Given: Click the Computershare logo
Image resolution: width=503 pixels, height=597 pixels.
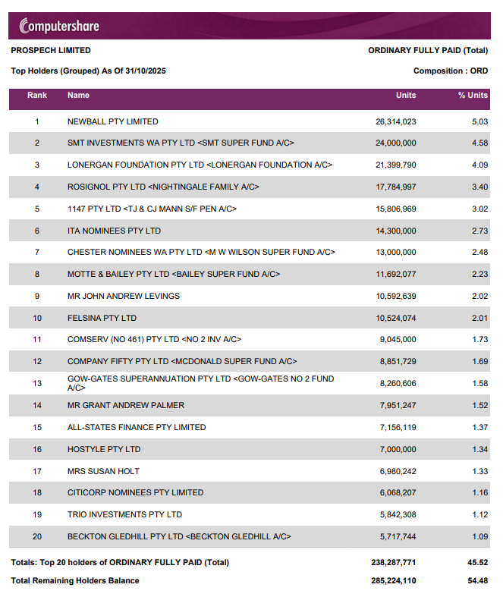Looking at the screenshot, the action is tap(59, 26).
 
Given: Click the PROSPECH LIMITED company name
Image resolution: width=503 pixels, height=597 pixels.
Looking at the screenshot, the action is tap(51, 50).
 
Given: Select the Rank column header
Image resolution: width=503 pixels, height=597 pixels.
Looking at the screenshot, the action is tap(37, 95).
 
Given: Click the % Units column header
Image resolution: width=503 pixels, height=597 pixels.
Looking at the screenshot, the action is tap(473, 95).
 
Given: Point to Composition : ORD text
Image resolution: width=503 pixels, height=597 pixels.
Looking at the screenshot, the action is tap(451, 71).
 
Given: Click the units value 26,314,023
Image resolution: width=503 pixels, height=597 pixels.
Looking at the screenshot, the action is tap(395, 122).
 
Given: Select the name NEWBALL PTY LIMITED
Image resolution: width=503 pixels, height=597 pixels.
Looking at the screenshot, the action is tap(113, 122).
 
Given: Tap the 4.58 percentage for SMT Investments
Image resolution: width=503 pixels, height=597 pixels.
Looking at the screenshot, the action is tap(479, 143).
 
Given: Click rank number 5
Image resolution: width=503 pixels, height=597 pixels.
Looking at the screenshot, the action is tap(37, 209).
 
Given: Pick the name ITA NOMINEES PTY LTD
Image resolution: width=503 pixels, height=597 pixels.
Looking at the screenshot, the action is tap(115, 231).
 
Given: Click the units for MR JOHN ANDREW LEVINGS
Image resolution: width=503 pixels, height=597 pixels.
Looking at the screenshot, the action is tap(396, 296).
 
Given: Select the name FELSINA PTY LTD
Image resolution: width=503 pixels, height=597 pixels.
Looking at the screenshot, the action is tap(102, 318).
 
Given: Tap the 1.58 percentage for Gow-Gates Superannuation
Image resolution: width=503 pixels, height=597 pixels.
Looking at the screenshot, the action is tap(480, 383).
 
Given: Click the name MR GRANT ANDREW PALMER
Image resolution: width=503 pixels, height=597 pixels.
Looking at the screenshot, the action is tap(126, 406).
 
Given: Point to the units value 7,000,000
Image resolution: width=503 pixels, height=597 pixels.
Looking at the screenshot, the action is tap(398, 449).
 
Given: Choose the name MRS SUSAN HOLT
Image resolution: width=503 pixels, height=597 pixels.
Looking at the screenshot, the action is tap(104, 471).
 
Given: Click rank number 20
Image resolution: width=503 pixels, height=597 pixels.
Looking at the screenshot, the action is tap(37, 537).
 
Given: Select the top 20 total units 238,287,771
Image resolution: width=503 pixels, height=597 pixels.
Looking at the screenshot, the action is tap(393, 563).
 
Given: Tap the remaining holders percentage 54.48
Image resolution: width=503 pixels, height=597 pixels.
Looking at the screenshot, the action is tap(478, 581).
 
